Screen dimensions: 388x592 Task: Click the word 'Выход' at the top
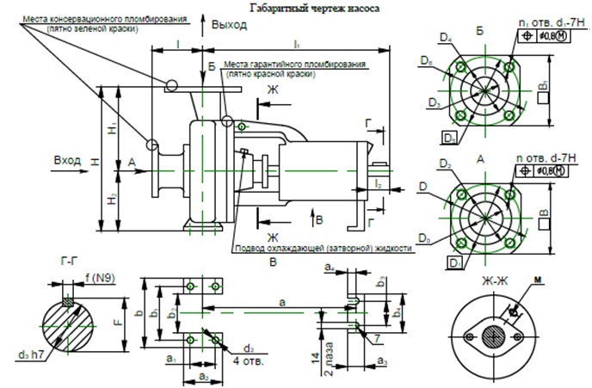click(x=231, y=26)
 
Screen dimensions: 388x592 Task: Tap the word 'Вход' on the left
click(x=67, y=161)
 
